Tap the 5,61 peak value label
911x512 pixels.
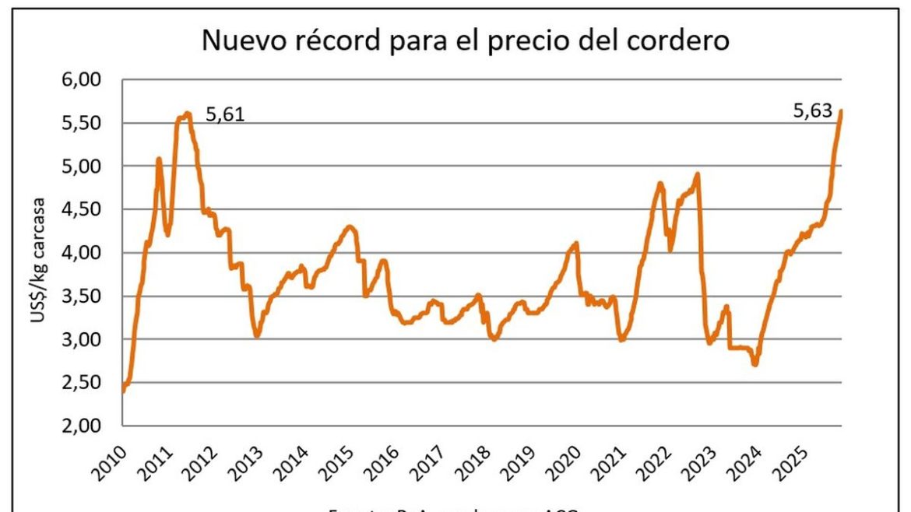pyautogui.click(x=225, y=117)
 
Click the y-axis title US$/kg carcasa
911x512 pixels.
pyautogui.click(x=39, y=253)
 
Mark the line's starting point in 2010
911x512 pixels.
pyautogui.click(x=124, y=391)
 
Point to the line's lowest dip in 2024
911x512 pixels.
pyautogui.click(x=754, y=364)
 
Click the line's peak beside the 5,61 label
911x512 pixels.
pyautogui.click(x=188, y=114)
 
